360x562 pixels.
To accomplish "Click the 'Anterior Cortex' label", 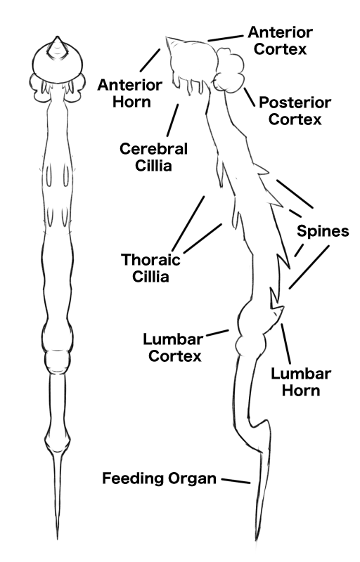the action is [281, 41].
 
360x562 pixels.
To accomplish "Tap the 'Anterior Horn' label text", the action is [130, 93].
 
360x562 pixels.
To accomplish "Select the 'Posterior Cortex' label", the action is [295, 111].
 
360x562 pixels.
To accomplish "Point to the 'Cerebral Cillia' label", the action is [153, 157].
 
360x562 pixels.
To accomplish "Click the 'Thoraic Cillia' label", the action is [150, 268].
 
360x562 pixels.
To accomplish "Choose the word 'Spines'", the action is [323, 231].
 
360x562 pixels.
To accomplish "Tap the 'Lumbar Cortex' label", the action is [174, 347].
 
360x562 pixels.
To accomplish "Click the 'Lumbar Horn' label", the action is [301, 382].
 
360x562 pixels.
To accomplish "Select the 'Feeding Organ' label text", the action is [159, 478].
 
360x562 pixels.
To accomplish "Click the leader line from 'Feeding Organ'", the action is [236, 481].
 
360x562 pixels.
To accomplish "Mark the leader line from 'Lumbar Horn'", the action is [285, 344].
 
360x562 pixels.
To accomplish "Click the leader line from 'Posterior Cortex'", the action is [249, 97].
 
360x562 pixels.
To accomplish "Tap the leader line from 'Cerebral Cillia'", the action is [172, 120].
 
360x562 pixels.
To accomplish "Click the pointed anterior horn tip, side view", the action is [167, 37].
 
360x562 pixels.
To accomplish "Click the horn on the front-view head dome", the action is [57, 46].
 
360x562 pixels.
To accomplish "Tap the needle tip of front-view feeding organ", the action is [58, 537].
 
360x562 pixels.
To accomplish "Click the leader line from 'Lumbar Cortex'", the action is [218, 333].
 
